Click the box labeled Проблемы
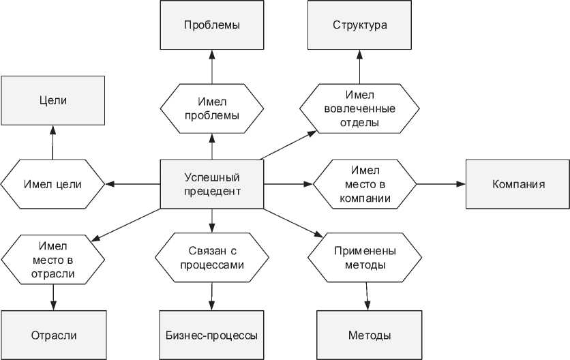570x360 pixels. click(211, 26)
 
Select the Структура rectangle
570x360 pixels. click(360, 26)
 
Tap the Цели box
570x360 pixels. click(52, 100)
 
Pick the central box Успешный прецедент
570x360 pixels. click(211, 184)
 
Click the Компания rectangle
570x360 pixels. click(517, 184)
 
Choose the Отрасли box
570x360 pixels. click(53, 335)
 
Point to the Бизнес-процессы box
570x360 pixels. click(211, 335)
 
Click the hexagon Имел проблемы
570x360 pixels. click(211, 108)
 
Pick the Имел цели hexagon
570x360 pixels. click(52, 184)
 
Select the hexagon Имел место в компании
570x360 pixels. click(365, 184)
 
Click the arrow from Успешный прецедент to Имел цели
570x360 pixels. click(132, 184)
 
